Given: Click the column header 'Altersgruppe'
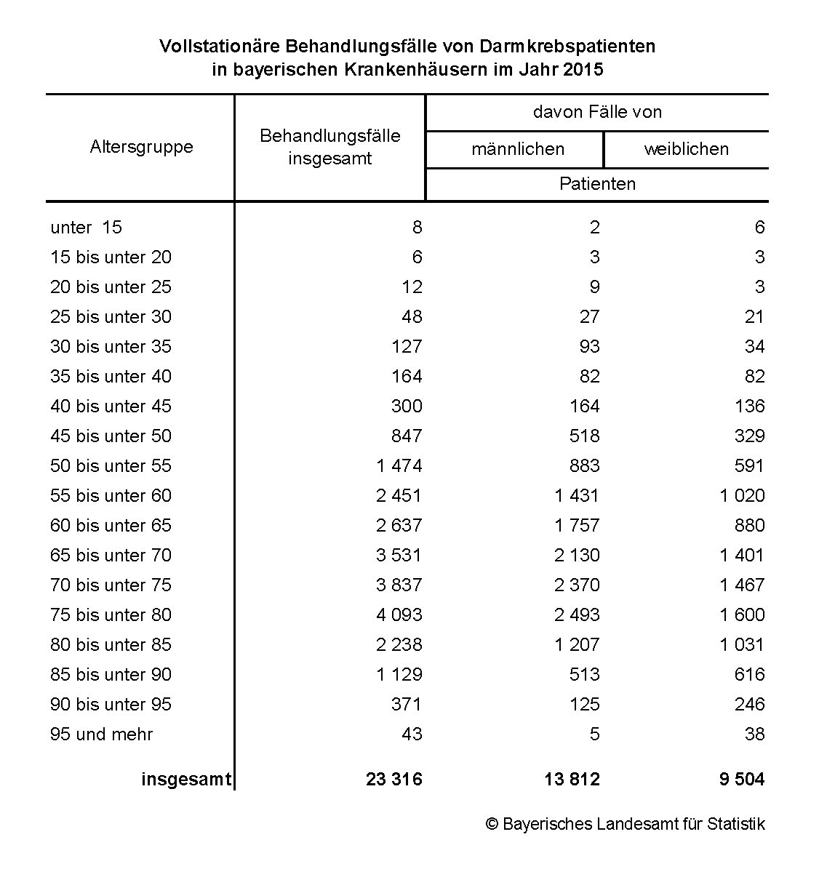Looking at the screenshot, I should [x=141, y=147].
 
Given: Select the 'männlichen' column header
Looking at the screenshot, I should [x=518, y=149].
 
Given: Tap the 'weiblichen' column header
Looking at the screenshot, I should [x=686, y=149].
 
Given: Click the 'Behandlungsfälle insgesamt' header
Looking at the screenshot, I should [x=330, y=147].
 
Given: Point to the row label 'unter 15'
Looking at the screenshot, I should [x=86, y=228].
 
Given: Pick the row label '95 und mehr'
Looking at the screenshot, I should [x=102, y=734].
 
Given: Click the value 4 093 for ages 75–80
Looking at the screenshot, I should [x=399, y=615].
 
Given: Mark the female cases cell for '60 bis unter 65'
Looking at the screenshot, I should [x=749, y=526].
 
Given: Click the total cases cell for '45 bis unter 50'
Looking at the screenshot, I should [x=406, y=436].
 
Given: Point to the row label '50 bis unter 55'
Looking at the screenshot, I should [x=111, y=466].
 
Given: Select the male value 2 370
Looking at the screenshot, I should [x=577, y=585].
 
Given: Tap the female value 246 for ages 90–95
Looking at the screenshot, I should [x=749, y=705].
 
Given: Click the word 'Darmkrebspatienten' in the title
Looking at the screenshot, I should [x=567, y=47].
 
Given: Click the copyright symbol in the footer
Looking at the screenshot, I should [x=492, y=825].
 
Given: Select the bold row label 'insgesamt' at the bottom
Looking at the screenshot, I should [x=186, y=780].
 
